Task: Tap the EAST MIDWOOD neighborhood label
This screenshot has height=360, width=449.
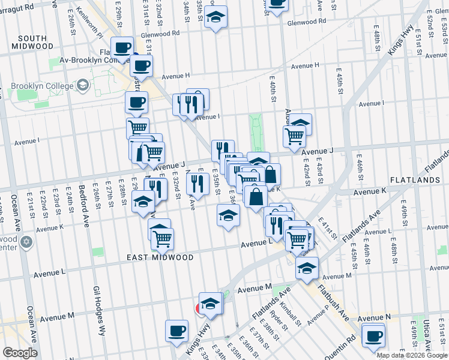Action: click(160, 257)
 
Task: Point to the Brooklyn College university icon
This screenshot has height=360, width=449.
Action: click(82, 86)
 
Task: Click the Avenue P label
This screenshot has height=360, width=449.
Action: click(318, 314)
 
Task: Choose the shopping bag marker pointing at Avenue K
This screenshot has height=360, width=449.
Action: click(256, 196)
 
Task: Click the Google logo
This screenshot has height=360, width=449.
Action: click(20, 353)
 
